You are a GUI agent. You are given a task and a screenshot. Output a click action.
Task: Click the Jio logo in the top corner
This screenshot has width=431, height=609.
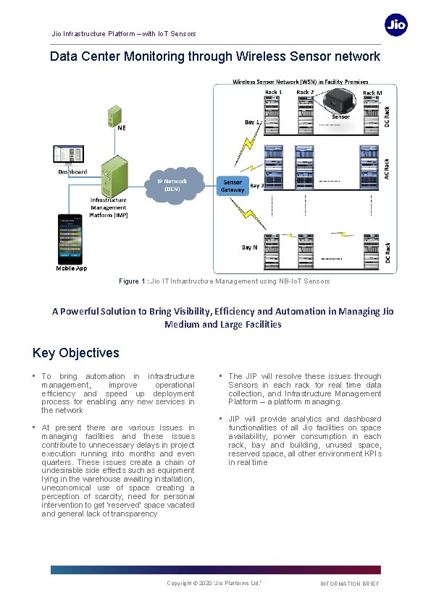[x=396, y=25]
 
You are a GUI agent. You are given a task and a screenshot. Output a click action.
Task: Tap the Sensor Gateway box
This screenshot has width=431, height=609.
[x=233, y=186]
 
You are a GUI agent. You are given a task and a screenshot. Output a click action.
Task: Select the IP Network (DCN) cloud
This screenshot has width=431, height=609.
[x=172, y=185]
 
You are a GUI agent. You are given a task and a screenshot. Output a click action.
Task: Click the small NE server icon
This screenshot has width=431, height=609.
[x=114, y=114]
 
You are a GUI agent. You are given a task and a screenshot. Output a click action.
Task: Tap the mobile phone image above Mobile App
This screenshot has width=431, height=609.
[x=71, y=239]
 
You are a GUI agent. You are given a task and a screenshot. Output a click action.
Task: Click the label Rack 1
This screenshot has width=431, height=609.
[x=273, y=93]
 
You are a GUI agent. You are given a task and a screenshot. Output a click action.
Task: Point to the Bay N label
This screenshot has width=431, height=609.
[x=249, y=247]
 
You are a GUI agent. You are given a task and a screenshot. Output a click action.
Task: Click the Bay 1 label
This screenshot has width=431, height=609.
[x=251, y=123]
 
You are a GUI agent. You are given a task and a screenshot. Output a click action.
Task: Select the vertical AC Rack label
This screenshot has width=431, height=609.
[x=387, y=169]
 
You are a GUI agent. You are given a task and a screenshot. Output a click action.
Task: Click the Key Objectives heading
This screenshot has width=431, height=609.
[x=76, y=353]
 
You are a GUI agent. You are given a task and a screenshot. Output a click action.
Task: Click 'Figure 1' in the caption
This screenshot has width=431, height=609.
[x=133, y=281]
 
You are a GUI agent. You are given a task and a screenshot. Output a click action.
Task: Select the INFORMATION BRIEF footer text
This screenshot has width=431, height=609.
[x=349, y=584]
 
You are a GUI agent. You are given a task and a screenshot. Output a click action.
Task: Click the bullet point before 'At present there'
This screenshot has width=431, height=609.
[x=34, y=428]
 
